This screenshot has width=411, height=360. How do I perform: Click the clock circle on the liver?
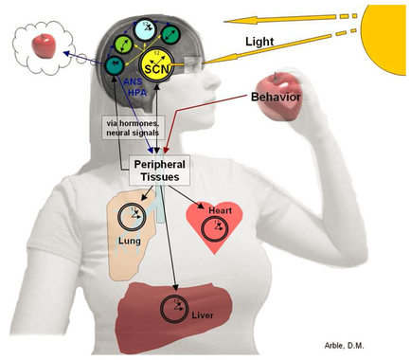tap(175, 308)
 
